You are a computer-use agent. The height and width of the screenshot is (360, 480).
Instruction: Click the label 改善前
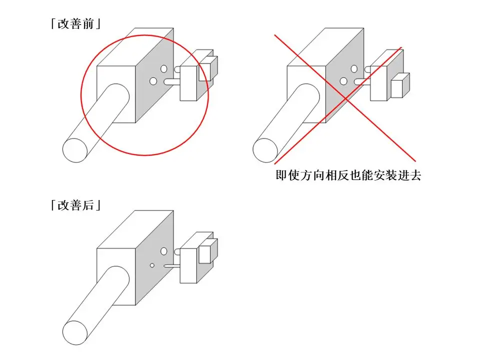point(76,24)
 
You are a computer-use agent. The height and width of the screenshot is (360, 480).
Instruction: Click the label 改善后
point(76,205)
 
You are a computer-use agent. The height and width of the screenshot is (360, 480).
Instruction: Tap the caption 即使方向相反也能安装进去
point(348,175)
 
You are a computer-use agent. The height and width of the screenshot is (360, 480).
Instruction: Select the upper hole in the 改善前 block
point(164,68)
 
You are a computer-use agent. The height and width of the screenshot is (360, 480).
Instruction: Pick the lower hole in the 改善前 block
point(153,81)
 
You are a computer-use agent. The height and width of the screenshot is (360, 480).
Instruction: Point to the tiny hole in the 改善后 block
point(152,265)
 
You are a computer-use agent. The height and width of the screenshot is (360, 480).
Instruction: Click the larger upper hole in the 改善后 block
point(164,251)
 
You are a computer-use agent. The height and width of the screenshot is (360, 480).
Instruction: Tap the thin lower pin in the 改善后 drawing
point(172,266)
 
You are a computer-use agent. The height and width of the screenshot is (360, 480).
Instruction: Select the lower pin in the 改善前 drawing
point(172,82)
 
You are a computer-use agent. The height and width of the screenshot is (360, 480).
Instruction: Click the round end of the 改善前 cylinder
point(75,150)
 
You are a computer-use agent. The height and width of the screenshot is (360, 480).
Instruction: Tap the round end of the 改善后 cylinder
point(75,332)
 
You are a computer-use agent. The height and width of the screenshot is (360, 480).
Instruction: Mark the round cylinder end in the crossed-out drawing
point(265,150)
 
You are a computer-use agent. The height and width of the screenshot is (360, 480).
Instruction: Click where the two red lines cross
point(345,98)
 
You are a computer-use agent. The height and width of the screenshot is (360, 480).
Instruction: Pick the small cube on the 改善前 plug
point(208,68)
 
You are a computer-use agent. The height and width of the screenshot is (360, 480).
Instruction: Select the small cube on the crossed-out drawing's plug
point(400,85)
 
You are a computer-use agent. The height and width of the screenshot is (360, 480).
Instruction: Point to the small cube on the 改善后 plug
point(208,251)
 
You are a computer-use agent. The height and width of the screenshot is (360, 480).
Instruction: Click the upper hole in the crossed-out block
point(354,68)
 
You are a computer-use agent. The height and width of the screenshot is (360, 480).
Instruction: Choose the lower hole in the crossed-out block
point(343,81)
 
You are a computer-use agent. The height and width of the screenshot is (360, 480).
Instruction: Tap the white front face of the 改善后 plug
point(188,265)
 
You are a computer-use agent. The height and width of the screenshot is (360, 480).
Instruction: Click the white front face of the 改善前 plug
point(188,83)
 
